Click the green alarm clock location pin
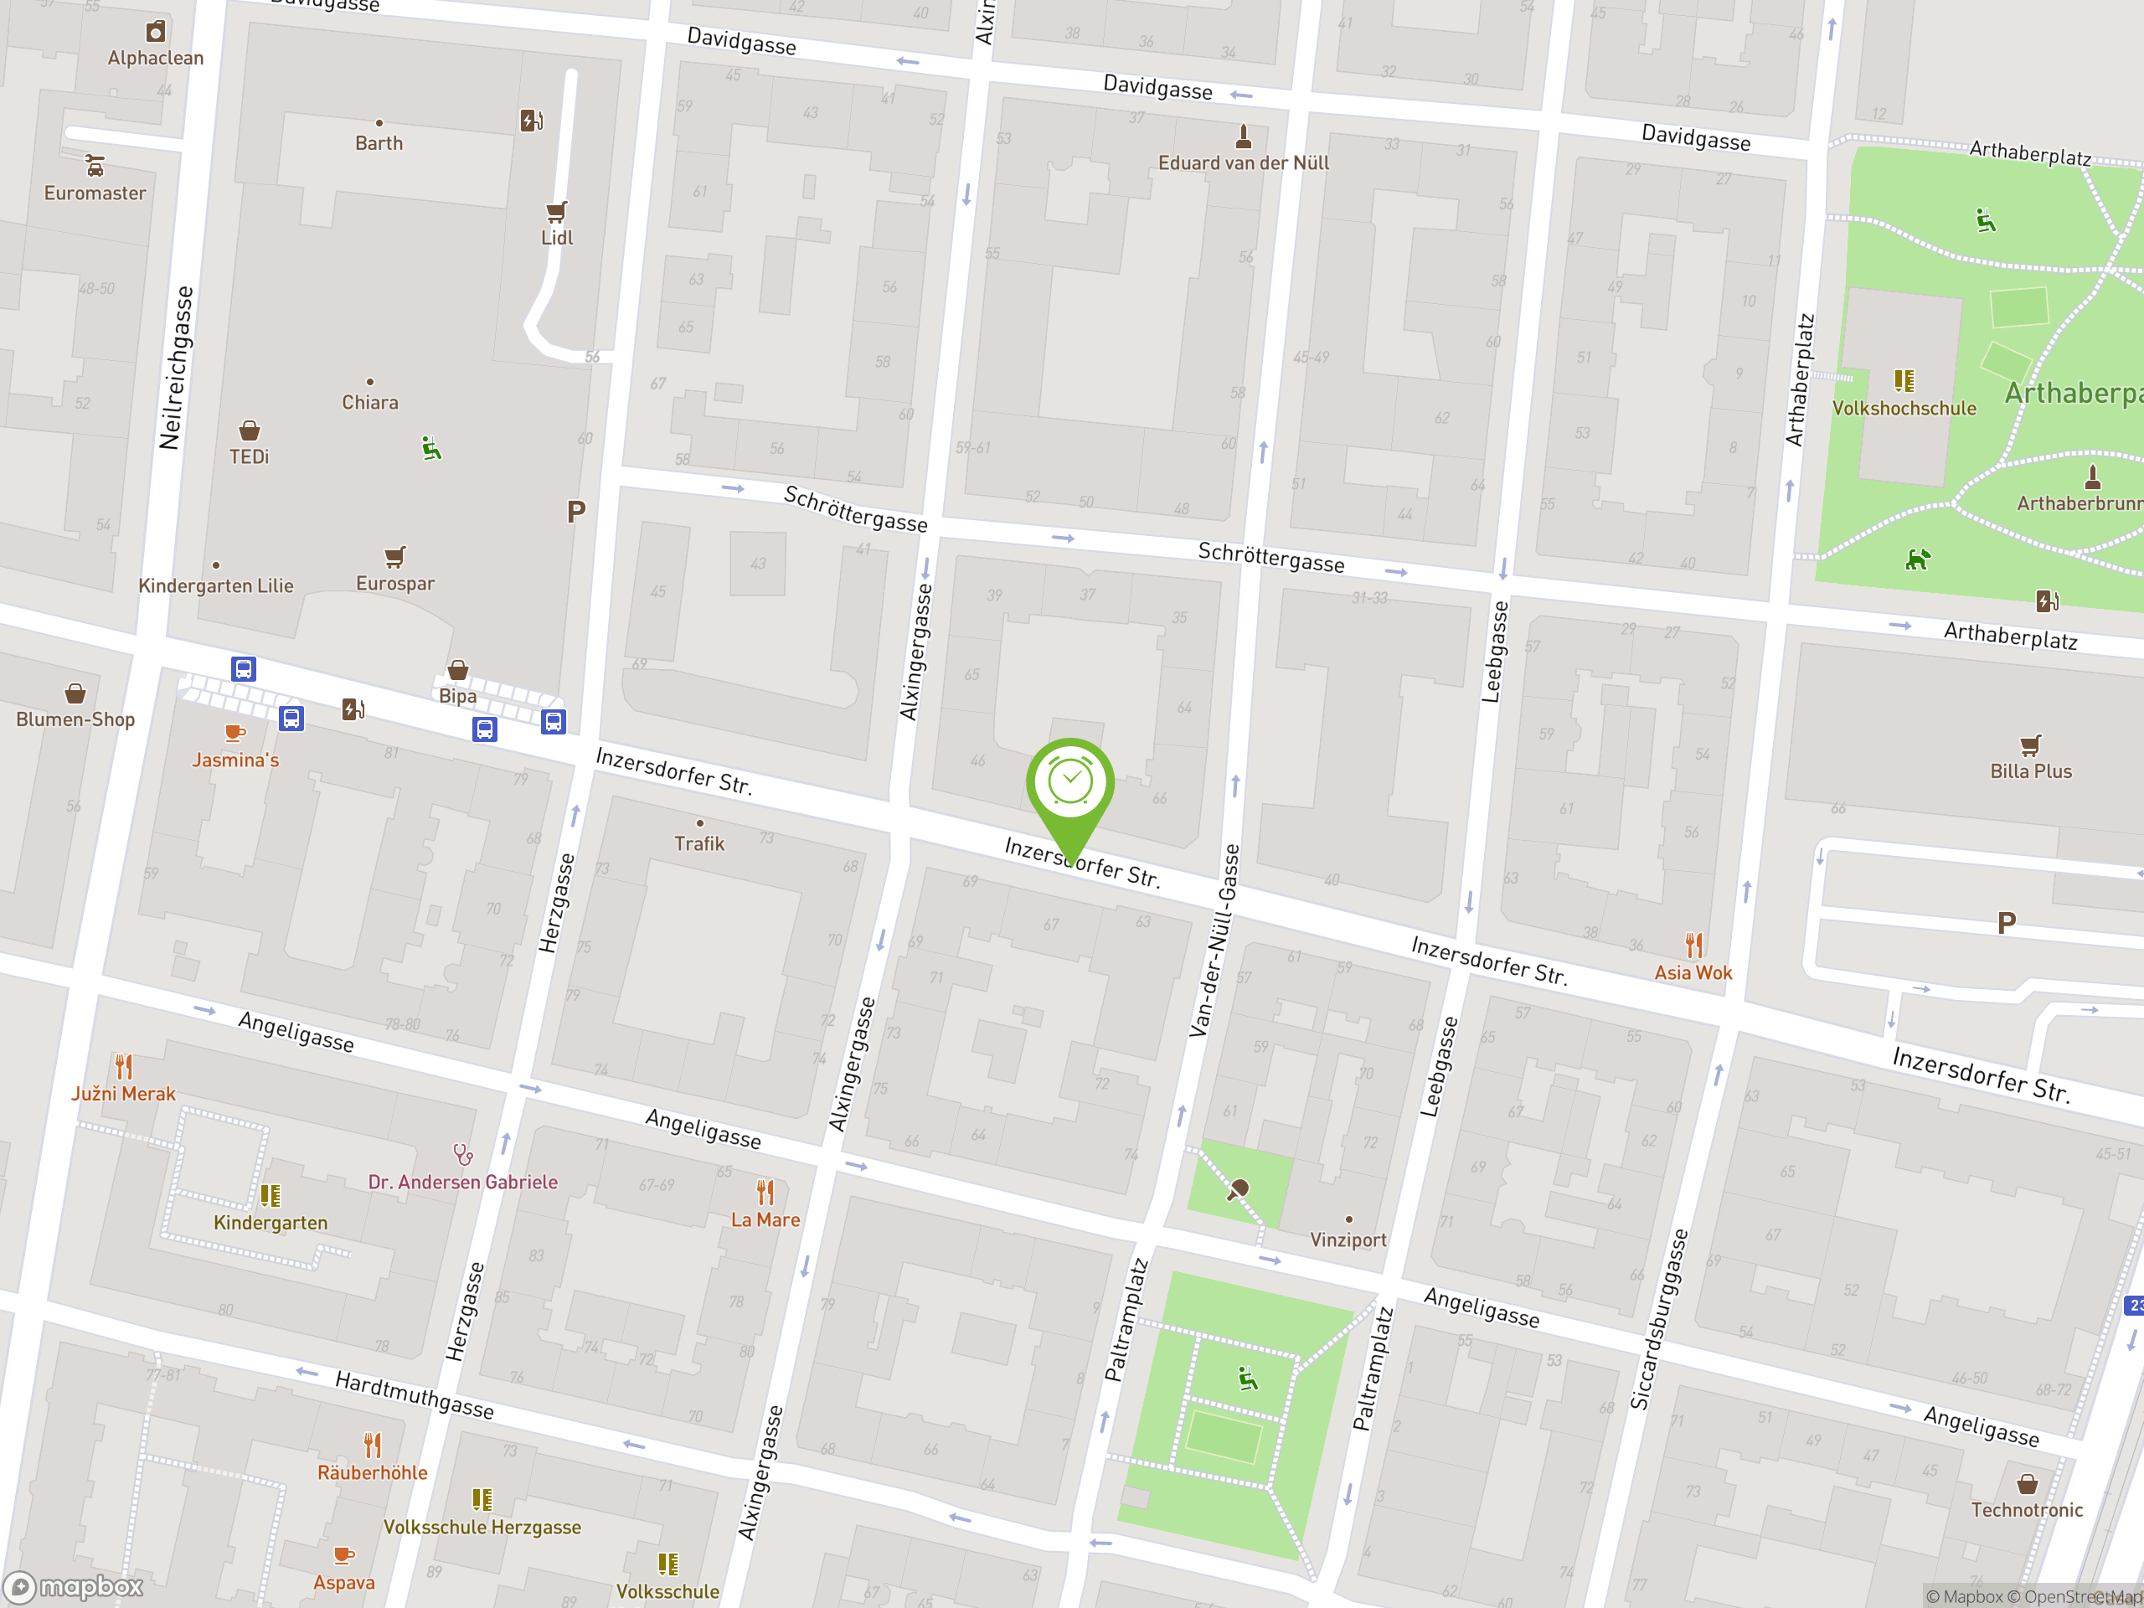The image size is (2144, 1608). pyautogui.click(x=1070, y=783)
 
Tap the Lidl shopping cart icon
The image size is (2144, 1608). pyautogui.click(x=556, y=211)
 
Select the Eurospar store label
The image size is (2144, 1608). pyautogui.click(x=394, y=584)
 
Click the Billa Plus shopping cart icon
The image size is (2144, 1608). pyautogui.click(x=2031, y=745)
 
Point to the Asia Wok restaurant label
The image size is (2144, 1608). pyautogui.click(x=1693, y=973)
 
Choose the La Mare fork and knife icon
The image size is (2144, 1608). pyautogui.click(x=765, y=1191)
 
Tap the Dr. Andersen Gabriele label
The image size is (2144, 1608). pyautogui.click(x=462, y=1182)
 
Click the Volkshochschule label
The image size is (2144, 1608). pyautogui.click(x=1904, y=408)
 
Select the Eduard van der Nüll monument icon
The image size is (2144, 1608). pyautogui.click(x=1244, y=136)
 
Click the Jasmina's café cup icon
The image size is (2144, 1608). pyautogui.click(x=234, y=733)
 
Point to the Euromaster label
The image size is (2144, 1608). pyautogui.click(x=95, y=193)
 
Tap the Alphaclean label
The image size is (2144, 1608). pyautogui.click(x=155, y=58)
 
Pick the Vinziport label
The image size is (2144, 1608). pyautogui.click(x=1348, y=1239)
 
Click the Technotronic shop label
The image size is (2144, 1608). pyautogui.click(x=2027, y=1509)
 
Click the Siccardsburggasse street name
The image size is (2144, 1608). pyautogui.click(x=1658, y=1319)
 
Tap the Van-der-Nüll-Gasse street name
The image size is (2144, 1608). pyautogui.click(x=1214, y=941)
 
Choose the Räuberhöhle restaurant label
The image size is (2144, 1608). pyautogui.click(x=372, y=1472)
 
